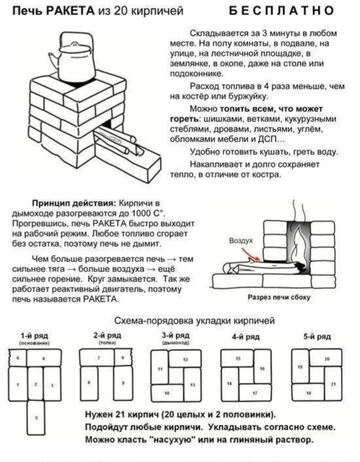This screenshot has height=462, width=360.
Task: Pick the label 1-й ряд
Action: point(31,334)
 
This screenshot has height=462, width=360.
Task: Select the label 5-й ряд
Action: point(317,336)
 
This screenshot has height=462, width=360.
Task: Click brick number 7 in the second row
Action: point(98,357)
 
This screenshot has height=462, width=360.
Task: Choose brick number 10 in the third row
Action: point(167,393)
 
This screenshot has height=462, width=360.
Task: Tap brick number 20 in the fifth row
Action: point(326,358)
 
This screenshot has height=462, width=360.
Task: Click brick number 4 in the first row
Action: point(44,358)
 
